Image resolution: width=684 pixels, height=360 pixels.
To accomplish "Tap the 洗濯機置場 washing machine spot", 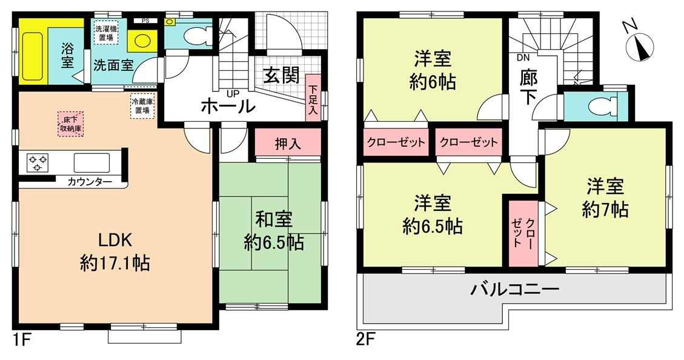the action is click(x=107, y=33).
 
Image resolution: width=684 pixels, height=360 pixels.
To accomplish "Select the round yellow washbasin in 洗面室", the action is click(x=142, y=41).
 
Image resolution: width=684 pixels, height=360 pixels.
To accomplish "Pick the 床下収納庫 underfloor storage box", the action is click(x=70, y=124).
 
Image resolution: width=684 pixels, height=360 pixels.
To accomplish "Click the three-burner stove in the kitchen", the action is click(x=38, y=163).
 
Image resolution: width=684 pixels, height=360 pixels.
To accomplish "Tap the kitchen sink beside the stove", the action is click(x=91, y=163).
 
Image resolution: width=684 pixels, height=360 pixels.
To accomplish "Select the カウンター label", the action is click(x=90, y=182).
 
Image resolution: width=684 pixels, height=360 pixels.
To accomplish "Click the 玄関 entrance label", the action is click(x=281, y=76).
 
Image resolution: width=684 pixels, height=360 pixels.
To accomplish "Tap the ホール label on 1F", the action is click(x=228, y=106).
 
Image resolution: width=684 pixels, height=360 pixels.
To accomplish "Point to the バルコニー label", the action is click(x=514, y=289).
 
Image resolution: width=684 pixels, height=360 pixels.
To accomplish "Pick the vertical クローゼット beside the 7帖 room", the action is click(x=523, y=233).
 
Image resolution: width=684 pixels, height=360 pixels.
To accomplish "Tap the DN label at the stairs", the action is click(x=522, y=57).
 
